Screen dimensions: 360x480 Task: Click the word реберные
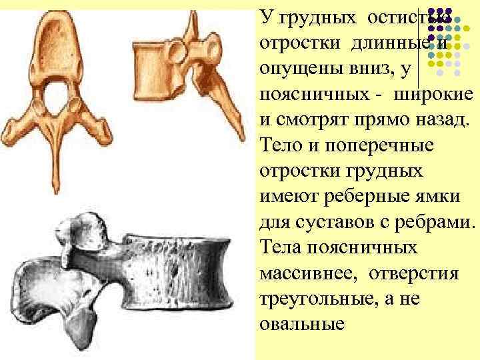(x=353, y=197)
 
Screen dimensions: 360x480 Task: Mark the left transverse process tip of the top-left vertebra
(x=12, y=130)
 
